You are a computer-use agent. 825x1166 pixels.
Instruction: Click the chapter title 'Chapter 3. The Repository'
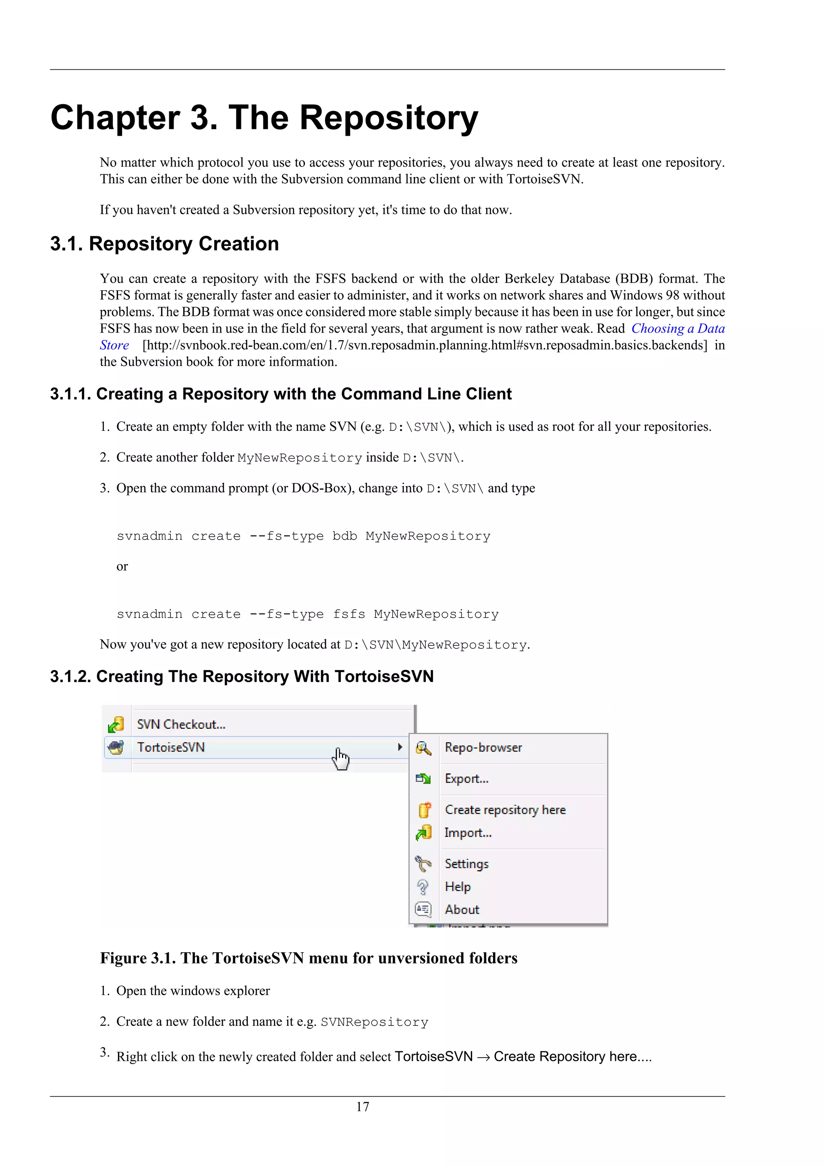click(x=264, y=118)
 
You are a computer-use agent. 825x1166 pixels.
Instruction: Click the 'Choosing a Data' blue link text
click(x=678, y=329)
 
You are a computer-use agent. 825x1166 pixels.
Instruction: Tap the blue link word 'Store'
click(x=114, y=345)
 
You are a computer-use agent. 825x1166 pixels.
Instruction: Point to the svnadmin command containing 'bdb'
click(x=303, y=536)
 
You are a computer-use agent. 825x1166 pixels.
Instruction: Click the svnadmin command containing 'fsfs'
click(x=307, y=614)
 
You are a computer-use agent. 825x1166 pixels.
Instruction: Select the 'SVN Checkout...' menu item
click(x=181, y=724)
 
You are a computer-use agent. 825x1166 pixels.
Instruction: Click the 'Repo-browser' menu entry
click(x=483, y=748)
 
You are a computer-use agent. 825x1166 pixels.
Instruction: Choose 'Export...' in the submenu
click(x=466, y=779)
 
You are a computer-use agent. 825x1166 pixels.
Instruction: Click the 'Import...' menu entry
click(x=468, y=833)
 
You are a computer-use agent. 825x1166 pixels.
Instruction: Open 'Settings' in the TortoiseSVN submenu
click(x=466, y=864)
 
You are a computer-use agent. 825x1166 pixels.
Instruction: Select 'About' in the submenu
click(x=462, y=910)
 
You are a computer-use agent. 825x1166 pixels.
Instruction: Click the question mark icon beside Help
click(x=423, y=887)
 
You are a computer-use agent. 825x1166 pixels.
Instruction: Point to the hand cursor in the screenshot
click(x=340, y=759)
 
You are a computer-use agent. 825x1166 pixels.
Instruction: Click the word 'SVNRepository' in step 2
click(x=374, y=1022)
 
